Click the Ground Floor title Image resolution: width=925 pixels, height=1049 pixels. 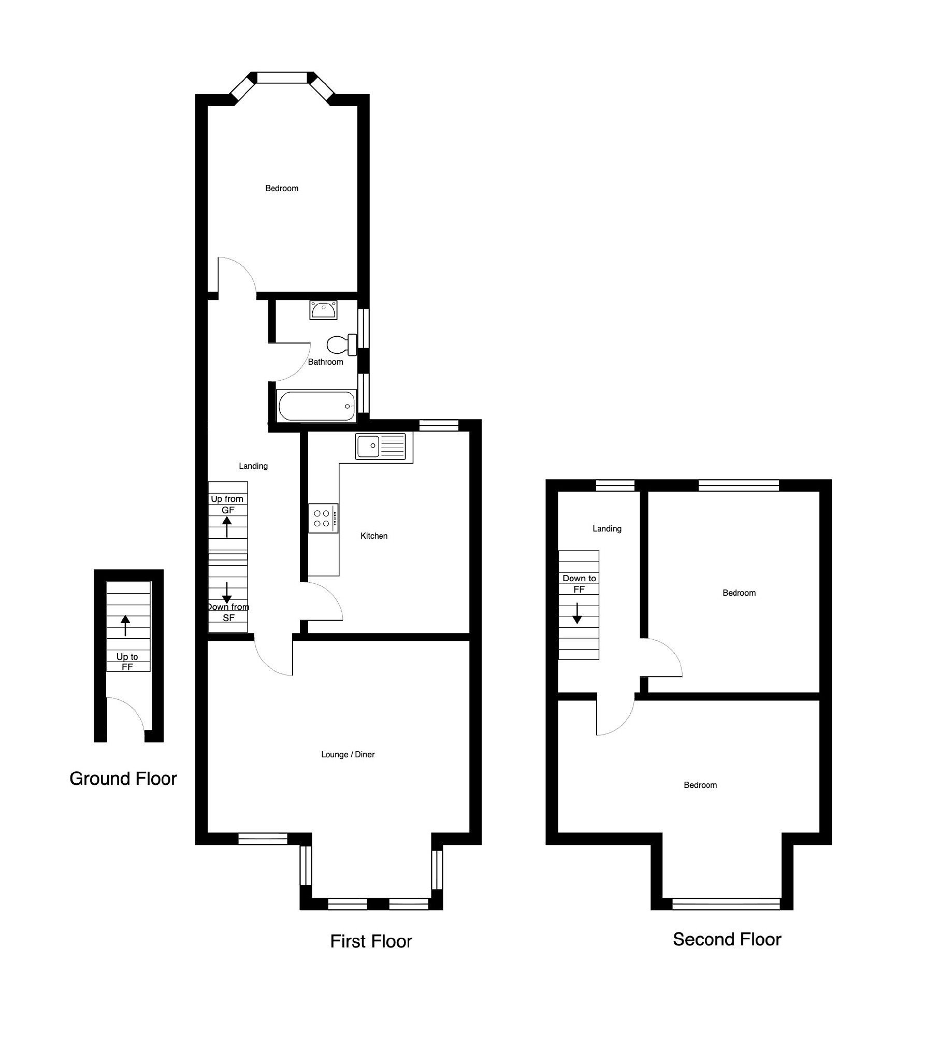pyautogui.click(x=123, y=779)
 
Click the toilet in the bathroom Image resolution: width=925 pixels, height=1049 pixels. pyautogui.click(x=342, y=344)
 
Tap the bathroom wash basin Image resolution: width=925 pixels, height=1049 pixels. pyautogui.click(x=324, y=310)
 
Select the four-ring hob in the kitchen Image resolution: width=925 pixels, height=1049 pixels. pyautogui.click(x=324, y=518)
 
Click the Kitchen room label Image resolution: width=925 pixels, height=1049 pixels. pyautogui.click(x=374, y=536)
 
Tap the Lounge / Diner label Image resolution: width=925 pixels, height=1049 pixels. pyautogui.click(x=348, y=754)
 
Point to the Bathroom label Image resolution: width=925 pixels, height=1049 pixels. pyautogui.click(x=325, y=362)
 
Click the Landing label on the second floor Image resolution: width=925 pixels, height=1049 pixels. pyautogui.click(x=607, y=528)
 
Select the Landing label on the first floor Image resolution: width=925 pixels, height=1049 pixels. pyautogui.click(x=253, y=466)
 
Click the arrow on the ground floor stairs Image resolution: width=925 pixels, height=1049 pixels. pyautogui.click(x=125, y=625)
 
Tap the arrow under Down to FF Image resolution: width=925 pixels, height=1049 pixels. pyautogui.click(x=577, y=613)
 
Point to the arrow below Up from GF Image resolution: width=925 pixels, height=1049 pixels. pyautogui.click(x=227, y=527)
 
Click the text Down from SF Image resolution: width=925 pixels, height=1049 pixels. pyautogui.click(x=228, y=612)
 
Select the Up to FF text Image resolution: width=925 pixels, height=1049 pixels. pyautogui.click(x=127, y=662)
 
